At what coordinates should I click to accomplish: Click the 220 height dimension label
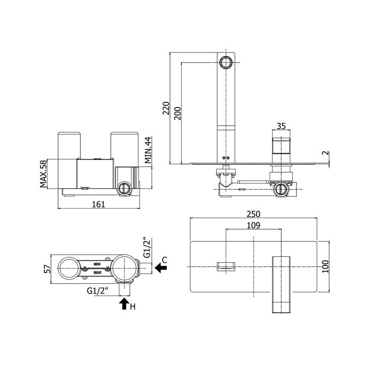click(x=166, y=108)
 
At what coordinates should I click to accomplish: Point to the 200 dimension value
click(x=177, y=113)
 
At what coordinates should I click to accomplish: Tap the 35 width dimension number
click(x=281, y=126)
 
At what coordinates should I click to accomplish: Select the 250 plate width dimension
click(x=253, y=214)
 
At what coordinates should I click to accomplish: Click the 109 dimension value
click(x=253, y=225)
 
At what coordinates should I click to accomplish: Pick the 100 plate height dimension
click(x=325, y=266)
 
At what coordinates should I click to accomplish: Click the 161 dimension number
click(x=98, y=204)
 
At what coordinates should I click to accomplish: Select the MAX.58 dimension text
click(x=44, y=173)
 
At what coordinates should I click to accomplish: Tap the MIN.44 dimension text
click(x=148, y=150)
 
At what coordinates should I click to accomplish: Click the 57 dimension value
click(x=48, y=269)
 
